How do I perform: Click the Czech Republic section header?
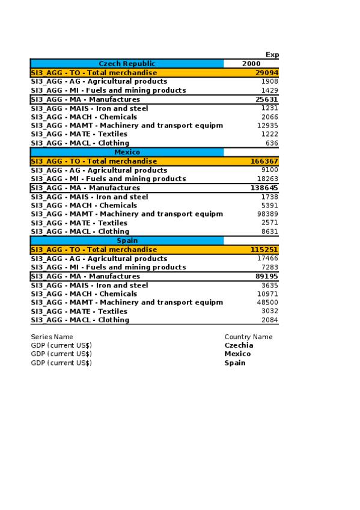pos(127,64)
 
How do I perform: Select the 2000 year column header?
pos(251,64)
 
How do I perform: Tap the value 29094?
pos(266,73)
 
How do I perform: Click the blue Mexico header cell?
pos(127,152)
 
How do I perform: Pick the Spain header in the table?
pos(127,241)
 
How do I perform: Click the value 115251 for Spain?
pos(264,250)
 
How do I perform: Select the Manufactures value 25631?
pos(266,99)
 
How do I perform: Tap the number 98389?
pos(267,214)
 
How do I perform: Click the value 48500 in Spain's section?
pos(267,303)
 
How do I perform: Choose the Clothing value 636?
pos(272,143)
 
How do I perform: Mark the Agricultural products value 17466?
pos(267,258)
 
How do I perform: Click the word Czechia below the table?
pos(239,345)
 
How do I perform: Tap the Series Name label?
pos(52,337)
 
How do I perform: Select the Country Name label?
pos(248,337)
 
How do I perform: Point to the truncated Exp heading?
pos(272,55)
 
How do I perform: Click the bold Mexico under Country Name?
pos(237,354)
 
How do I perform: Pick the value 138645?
pos(264,188)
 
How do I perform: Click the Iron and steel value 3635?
pos(269,285)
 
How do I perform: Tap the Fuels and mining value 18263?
pos(267,179)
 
